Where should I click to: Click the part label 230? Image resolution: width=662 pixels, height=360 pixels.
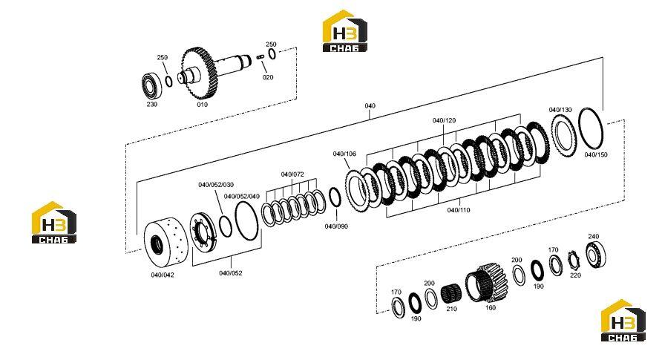pos(152,104)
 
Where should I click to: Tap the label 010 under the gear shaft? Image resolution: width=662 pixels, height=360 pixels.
pos(202,105)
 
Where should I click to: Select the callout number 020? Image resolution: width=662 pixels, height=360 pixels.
pos(268,77)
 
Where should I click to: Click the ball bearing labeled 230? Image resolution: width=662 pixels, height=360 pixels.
pos(151,86)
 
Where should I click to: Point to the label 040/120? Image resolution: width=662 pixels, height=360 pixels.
pos(444,120)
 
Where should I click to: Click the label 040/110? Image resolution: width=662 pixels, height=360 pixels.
pos(459,210)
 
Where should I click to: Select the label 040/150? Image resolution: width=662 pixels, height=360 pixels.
pos(596,154)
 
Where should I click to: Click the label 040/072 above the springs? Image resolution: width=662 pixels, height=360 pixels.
pos(292,174)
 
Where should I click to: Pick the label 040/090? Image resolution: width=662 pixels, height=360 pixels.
pos(336,226)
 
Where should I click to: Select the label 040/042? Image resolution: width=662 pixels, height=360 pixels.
pos(163,275)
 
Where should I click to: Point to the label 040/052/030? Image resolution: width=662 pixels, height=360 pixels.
pos(216,185)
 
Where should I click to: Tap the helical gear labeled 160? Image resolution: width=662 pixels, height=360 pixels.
pos(487,282)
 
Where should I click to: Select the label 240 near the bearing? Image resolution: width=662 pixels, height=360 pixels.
pos(594,236)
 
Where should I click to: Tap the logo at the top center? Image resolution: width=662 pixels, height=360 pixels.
pos(345,31)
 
